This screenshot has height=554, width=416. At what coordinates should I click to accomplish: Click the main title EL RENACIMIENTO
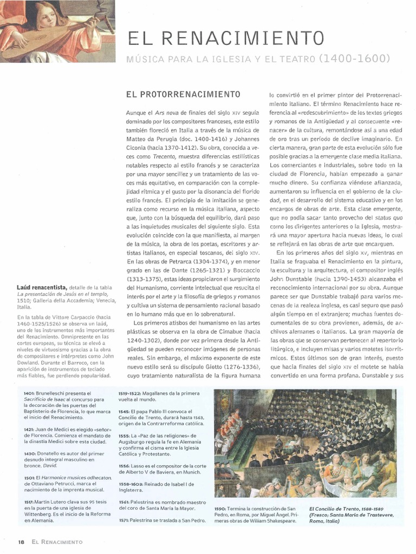tap(225, 38)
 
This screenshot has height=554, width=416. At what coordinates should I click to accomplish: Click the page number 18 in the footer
tap(21, 542)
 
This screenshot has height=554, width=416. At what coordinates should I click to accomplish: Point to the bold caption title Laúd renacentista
tap(42, 287)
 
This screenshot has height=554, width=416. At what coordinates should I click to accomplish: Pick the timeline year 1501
tap(29, 478)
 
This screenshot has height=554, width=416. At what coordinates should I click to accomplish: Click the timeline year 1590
tap(219, 509)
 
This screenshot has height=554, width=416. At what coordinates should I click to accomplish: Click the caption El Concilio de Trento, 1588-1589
tap(346, 509)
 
